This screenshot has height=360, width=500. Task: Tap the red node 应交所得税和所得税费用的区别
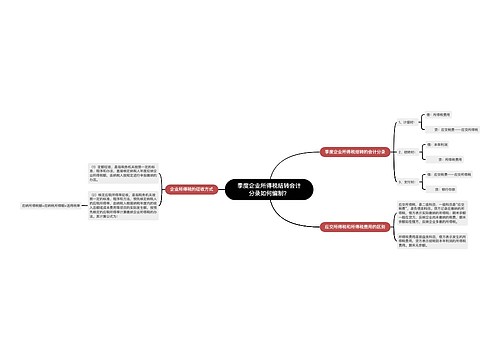pyautogui.click(x=356, y=227)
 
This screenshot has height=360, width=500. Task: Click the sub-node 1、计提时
pyautogui.click(x=406, y=122)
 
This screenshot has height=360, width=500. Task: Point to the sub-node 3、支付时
pyautogui.click(x=406, y=182)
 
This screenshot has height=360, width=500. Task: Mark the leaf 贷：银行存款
pyautogui.click(x=441, y=190)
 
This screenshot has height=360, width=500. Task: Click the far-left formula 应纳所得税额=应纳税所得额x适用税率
pyautogui.click(x=40, y=203)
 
